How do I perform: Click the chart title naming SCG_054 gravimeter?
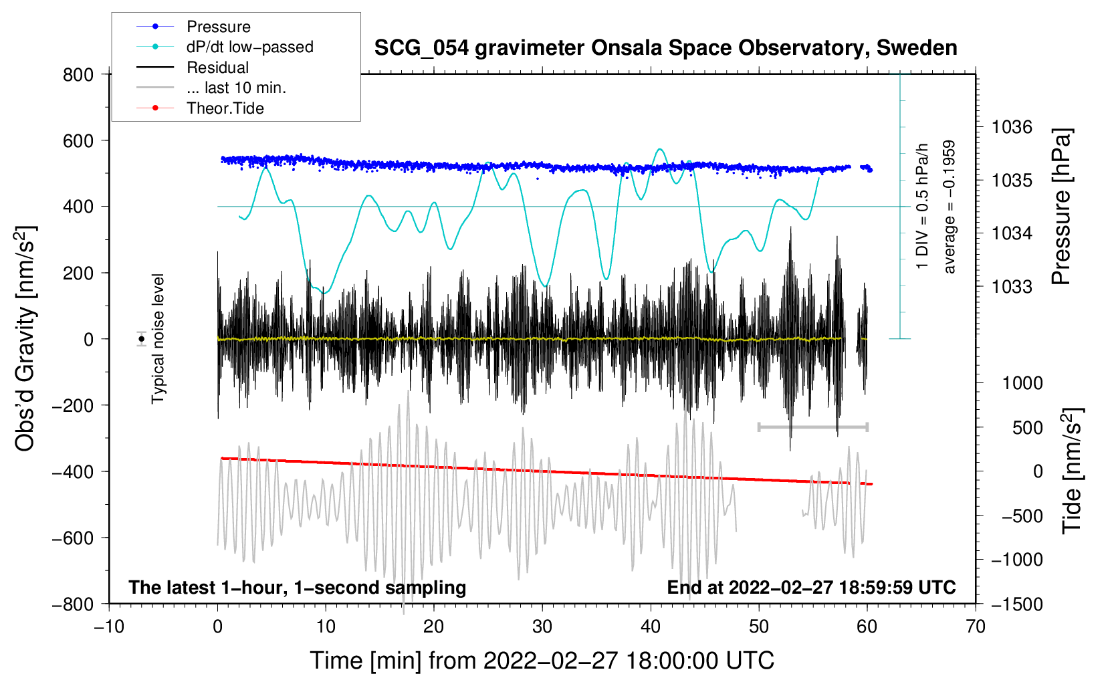(665, 48)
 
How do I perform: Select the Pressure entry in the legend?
(218, 27)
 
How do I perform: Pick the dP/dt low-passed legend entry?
(249, 47)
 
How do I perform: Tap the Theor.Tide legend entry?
(225, 108)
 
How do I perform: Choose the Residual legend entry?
(217, 68)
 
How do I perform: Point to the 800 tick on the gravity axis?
(78, 75)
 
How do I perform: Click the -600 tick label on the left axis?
(73, 538)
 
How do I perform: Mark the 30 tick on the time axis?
(542, 627)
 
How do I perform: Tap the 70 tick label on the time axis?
(976, 627)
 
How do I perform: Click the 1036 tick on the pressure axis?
(1012, 127)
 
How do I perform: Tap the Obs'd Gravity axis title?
(25, 338)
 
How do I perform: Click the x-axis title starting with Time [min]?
(542, 661)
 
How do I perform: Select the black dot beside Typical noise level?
(142, 339)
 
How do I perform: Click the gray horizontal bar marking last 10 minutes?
(813, 427)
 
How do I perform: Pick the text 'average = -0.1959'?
(950, 207)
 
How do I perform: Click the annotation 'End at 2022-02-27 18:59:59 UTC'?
(811, 588)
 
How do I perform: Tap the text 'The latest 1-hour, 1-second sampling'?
(298, 588)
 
